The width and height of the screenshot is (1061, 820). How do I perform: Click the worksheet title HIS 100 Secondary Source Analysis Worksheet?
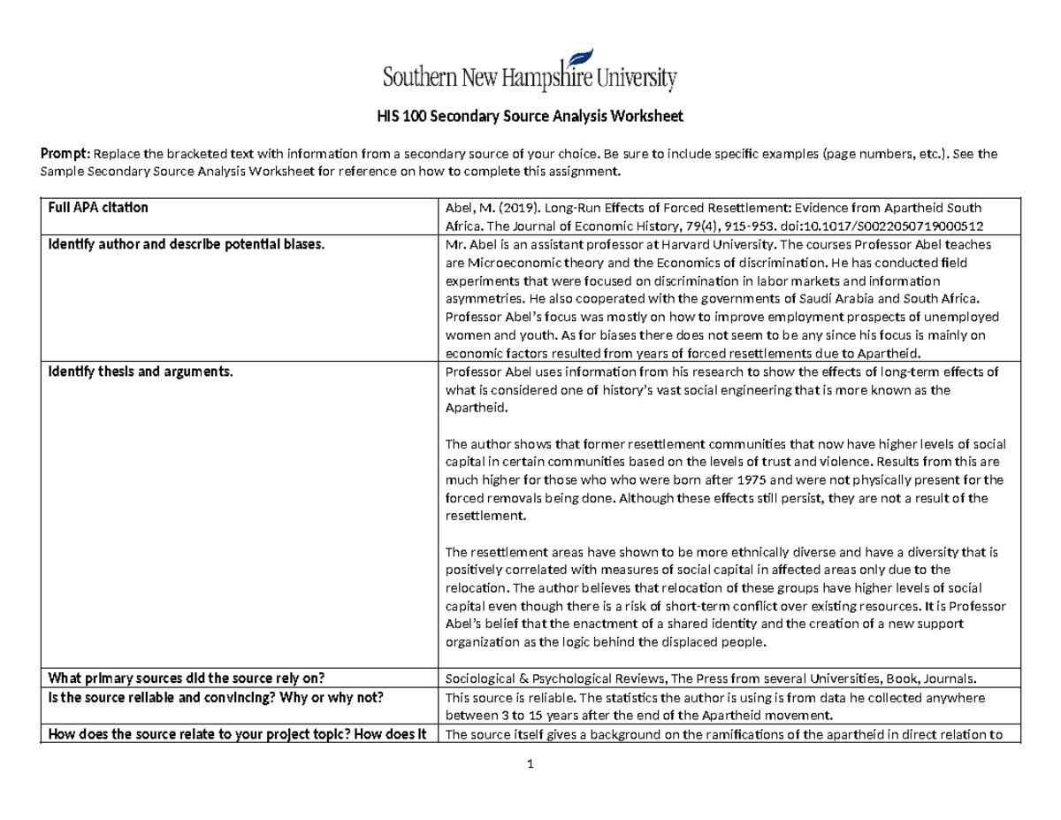(530, 116)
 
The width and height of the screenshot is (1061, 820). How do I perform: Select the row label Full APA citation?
(98, 208)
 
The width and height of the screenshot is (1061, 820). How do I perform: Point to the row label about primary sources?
(187, 678)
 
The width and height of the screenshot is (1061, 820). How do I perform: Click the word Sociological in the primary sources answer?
(483, 679)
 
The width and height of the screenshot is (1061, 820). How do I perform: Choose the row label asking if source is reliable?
(216, 697)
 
